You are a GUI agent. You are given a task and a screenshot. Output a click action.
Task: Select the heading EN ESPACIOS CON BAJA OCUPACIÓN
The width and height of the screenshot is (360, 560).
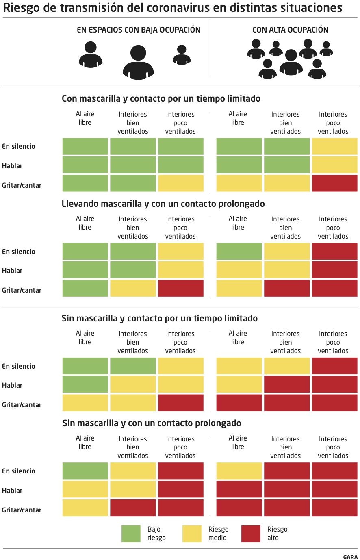[x=139, y=30]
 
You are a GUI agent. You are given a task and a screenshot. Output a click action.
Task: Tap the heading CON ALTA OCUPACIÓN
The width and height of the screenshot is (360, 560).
[x=290, y=30]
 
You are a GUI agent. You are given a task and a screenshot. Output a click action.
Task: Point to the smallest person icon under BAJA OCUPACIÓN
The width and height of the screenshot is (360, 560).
[x=182, y=55]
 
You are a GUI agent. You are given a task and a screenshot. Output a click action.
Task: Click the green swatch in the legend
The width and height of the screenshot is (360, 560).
[x=131, y=534]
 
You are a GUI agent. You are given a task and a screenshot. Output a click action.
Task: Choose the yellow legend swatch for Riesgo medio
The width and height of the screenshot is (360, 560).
[x=192, y=534]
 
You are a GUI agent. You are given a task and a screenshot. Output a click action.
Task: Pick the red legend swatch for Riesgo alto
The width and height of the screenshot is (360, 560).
[x=251, y=534]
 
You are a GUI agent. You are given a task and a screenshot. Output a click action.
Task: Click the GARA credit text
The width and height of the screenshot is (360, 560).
[x=350, y=557]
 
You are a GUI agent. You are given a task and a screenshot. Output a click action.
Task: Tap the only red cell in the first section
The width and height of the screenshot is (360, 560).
[x=334, y=183]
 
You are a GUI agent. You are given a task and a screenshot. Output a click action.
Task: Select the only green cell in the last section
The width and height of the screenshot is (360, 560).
[x=85, y=471]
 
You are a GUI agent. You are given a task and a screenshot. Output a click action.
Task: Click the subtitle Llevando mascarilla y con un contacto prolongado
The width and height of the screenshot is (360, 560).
[x=163, y=204]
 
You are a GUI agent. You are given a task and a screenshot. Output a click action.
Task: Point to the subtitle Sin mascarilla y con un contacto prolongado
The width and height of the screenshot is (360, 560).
[x=152, y=423]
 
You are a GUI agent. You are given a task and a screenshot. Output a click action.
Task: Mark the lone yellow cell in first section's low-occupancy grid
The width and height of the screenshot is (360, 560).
[x=180, y=183]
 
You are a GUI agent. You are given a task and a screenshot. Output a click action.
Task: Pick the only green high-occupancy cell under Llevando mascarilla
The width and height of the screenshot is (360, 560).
[x=239, y=252]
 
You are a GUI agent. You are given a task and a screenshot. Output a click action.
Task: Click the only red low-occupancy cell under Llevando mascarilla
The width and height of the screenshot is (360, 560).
[x=180, y=288]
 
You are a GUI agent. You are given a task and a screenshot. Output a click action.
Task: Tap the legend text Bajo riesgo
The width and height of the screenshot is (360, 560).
[x=156, y=534]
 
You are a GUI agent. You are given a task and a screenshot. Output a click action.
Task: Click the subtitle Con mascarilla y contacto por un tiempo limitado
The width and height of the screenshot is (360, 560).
[x=161, y=98]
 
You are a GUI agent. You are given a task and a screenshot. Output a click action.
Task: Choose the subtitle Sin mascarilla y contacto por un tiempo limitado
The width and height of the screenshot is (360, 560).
[x=160, y=318]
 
